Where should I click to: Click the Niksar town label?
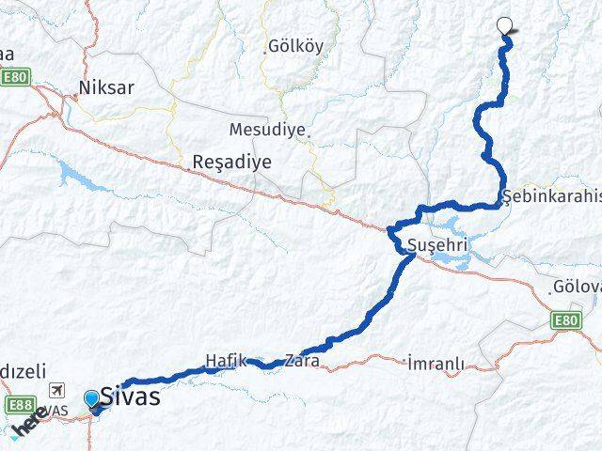[106, 88]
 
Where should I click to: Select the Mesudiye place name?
[267, 129]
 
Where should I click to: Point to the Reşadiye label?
[231, 162]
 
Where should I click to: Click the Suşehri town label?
[437, 246]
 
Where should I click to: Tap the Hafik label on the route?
[225, 360]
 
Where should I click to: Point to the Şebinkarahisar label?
[551, 195]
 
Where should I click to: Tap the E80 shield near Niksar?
[12, 77]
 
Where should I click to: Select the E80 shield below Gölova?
[565, 321]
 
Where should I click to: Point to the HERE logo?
[31, 423]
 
